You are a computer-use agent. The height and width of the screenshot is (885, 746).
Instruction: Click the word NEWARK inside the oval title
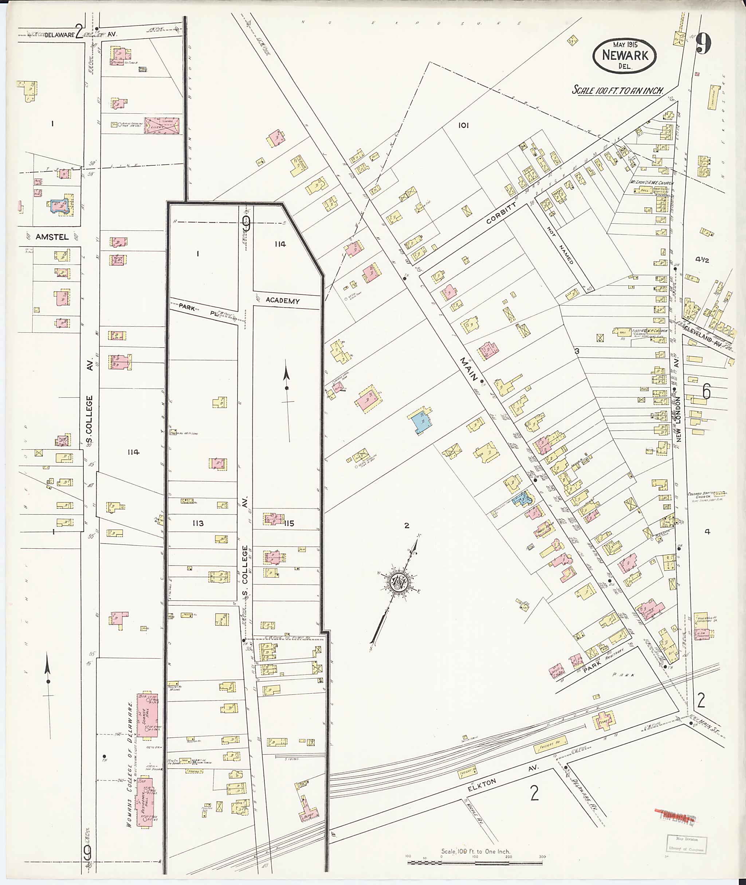(x=625, y=55)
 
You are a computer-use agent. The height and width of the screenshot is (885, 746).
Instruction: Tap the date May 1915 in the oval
(x=626, y=44)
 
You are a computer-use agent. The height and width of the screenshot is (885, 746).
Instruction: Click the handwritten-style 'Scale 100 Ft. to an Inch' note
(x=617, y=90)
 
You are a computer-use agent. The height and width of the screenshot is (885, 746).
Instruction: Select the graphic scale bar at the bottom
(x=476, y=861)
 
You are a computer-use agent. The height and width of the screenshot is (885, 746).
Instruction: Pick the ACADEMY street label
(x=283, y=301)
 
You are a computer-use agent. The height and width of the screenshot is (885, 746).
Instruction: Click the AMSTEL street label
(x=52, y=237)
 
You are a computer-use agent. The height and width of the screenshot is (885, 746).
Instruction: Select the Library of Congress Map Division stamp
(x=686, y=844)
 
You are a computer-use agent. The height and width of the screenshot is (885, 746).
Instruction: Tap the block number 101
(x=463, y=125)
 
